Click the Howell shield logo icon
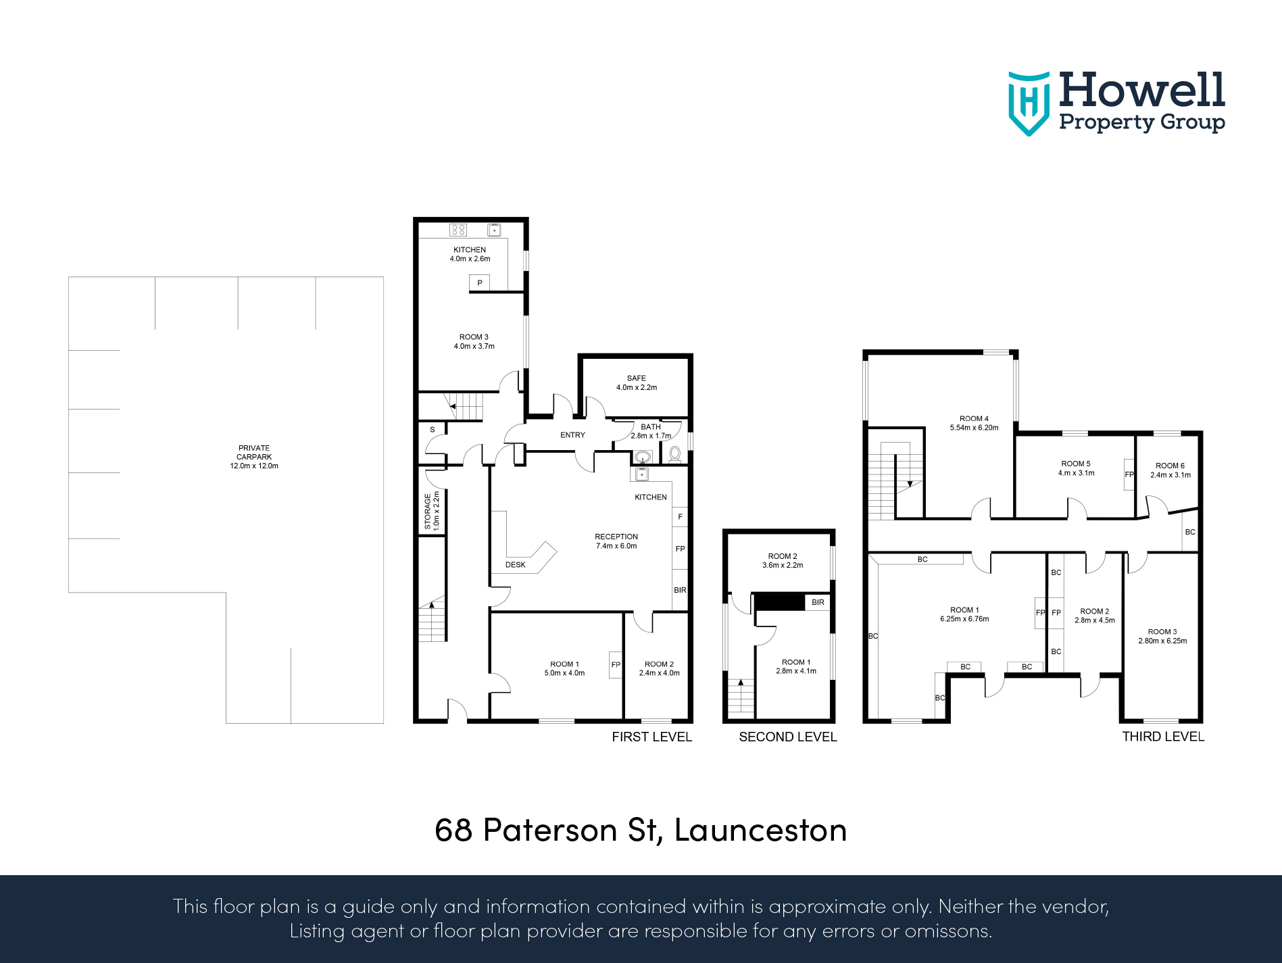(1028, 103)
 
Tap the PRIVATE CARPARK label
(253, 457)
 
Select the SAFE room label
(636, 382)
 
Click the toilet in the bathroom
(674, 453)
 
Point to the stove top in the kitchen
(458, 230)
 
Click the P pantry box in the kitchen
(479, 283)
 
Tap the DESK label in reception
(515, 565)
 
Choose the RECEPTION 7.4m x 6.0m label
(616, 541)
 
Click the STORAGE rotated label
(431, 510)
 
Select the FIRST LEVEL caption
(651, 737)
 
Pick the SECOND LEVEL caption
(787, 737)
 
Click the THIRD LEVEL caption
(1162, 737)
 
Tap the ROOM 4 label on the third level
(974, 423)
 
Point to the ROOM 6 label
(1170, 470)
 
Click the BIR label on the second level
(818, 602)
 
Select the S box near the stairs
(433, 430)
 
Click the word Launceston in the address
(760, 831)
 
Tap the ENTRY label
(572, 435)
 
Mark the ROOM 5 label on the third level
(1076, 468)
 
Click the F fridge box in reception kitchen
(680, 517)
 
